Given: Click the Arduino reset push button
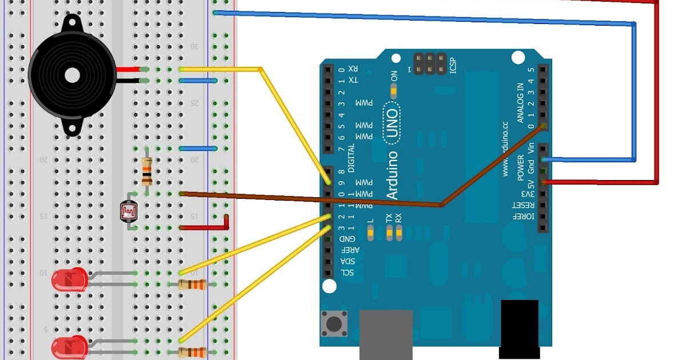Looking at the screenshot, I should pyautogui.click(x=334, y=324).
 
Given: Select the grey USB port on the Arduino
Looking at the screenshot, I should pyautogui.click(x=386, y=334).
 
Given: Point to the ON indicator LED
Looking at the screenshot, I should pyautogui.click(x=393, y=90).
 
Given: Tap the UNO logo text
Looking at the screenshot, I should pyautogui.click(x=392, y=121).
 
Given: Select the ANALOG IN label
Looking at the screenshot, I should pyautogui.click(x=520, y=103).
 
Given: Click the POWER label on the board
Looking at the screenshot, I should pyautogui.click(x=520, y=166).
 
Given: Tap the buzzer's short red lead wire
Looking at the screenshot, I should pyautogui.click(x=128, y=70).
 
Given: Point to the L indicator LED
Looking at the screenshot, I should pyautogui.click(x=370, y=233).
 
